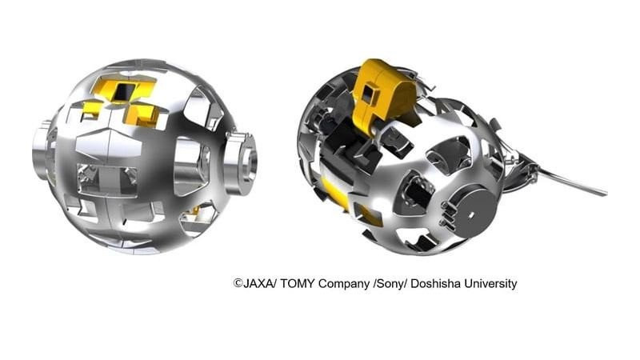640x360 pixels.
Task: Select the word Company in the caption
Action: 344,284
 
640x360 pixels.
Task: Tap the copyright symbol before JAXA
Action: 238,283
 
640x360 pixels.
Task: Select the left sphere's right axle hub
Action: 242,163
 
